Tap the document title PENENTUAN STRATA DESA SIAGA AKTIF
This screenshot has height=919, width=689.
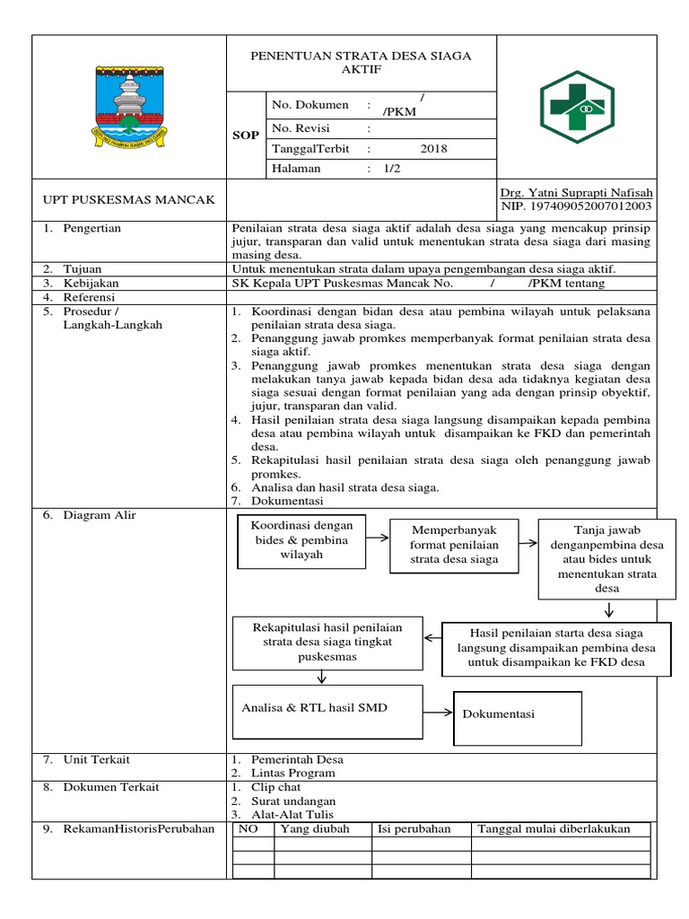click(361, 63)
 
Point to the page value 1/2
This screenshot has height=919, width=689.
click(391, 169)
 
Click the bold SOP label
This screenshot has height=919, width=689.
click(247, 136)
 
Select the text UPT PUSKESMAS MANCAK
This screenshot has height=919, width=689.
click(130, 199)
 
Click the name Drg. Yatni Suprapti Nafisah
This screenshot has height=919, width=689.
click(576, 193)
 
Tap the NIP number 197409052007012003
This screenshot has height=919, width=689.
click(576, 206)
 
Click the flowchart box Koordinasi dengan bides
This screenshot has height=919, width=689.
click(301, 540)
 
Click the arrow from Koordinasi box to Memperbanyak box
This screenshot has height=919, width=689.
click(378, 538)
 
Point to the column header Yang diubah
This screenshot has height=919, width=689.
click(315, 828)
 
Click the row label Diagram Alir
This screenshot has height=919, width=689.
click(99, 514)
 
